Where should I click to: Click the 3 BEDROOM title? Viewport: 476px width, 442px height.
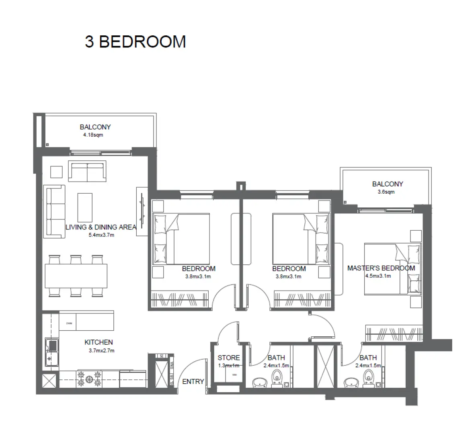tap(135, 42)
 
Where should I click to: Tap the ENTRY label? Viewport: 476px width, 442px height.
tap(193, 381)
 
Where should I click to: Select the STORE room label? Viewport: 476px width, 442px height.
tap(229, 358)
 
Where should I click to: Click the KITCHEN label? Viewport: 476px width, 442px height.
tap(98, 342)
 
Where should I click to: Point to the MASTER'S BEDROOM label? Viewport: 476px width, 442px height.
tap(381, 268)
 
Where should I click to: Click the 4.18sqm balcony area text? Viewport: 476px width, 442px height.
tap(93, 135)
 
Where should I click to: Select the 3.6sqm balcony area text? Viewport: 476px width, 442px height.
tap(386, 192)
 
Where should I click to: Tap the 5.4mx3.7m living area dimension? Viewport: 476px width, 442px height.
tap(101, 235)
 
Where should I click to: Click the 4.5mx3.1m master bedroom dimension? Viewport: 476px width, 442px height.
tap(378, 276)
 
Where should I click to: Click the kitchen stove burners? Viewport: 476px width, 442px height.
tap(88, 378)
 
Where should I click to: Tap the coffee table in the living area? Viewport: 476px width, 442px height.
tap(85, 205)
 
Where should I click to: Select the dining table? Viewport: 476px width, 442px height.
tap(76, 276)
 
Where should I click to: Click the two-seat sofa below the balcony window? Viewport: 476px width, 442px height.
tap(87, 172)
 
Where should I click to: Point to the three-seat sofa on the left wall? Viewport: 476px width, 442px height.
tap(54, 211)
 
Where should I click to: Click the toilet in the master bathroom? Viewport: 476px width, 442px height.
tap(369, 378)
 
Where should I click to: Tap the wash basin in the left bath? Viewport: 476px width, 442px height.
tap(259, 382)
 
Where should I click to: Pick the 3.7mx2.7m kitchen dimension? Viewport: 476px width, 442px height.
tap(102, 350)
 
